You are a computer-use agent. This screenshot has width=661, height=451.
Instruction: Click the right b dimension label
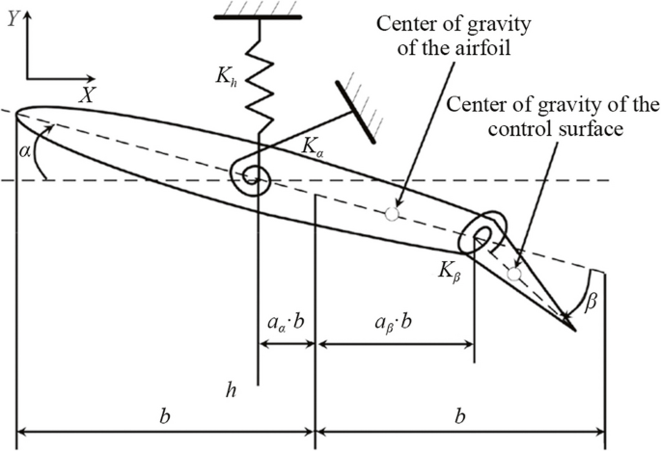point(460,416)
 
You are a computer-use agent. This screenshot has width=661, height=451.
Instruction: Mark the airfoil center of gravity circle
point(391,214)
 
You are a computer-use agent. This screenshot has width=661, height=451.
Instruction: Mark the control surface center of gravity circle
point(514,275)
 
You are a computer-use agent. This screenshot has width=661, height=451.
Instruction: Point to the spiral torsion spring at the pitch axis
point(256,175)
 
